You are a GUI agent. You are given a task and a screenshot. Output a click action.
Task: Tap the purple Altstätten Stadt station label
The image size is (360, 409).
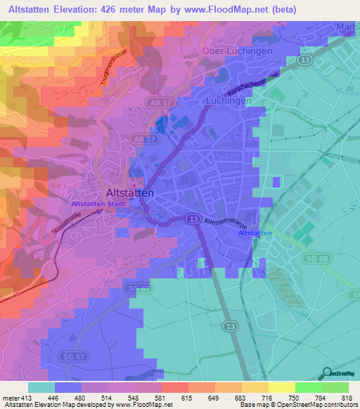point(98,204)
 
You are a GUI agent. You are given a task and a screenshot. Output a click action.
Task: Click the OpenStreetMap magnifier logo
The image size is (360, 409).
point(327,372)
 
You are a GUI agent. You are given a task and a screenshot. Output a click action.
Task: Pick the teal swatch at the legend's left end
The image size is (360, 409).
point(41,387)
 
